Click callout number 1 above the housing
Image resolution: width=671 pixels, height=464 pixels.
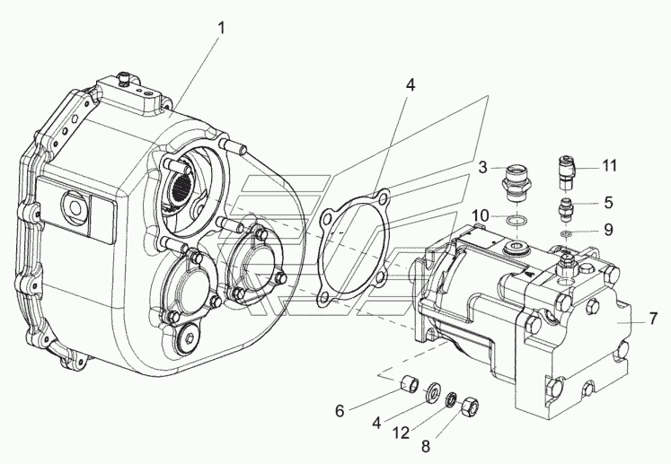(x=221, y=29)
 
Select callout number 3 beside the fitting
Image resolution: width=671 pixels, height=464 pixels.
(x=482, y=167)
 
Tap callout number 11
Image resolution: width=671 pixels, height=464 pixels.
(x=609, y=165)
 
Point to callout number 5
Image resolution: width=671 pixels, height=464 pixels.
(x=608, y=202)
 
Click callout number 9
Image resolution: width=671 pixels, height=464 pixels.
(x=608, y=230)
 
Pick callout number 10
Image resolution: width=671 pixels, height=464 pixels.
(x=481, y=214)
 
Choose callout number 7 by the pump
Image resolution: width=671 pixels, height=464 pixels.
(x=652, y=319)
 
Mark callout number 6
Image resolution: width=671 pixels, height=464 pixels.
(x=340, y=411)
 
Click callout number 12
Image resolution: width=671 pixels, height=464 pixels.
(x=401, y=433)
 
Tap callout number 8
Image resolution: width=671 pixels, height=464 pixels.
(x=426, y=446)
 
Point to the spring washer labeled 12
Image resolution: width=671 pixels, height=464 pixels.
(x=451, y=400)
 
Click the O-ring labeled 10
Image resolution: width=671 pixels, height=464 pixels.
(x=516, y=221)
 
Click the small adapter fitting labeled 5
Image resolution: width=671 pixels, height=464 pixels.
(x=566, y=209)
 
